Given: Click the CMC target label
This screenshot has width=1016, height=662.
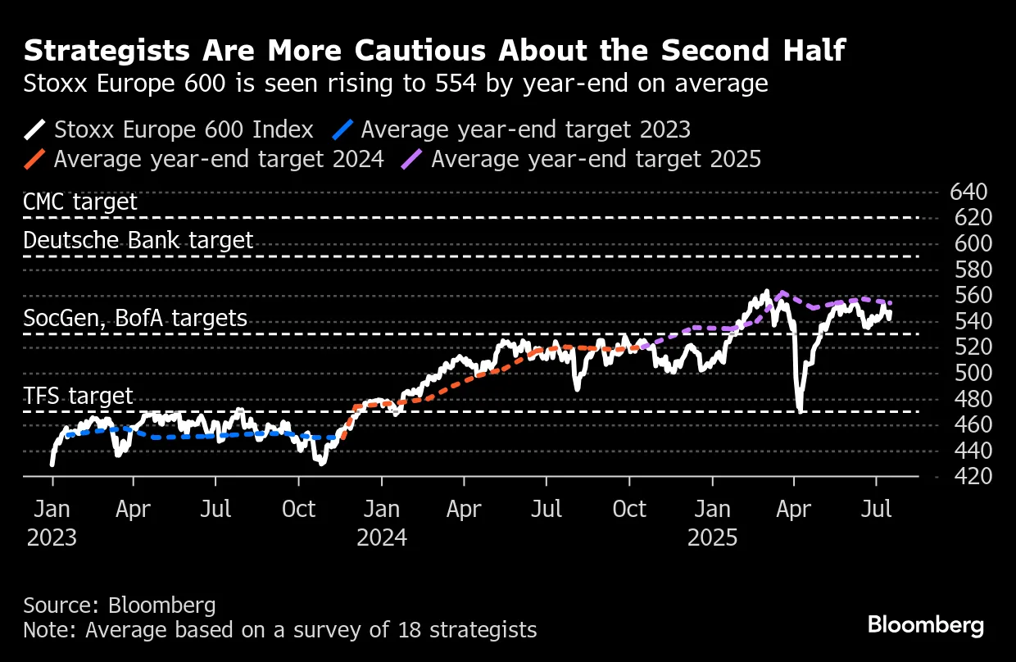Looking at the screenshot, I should pyautogui.click(x=80, y=202).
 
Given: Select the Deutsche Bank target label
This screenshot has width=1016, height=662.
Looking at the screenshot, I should pyautogui.click(x=138, y=240).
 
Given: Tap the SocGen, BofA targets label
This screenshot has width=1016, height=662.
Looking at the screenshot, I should pyautogui.click(x=135, y=318).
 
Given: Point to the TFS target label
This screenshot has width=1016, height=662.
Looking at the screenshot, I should pyautogui.click(x=78, y=397).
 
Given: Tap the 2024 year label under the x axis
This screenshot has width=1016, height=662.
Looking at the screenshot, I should pyautogui.click(x=382, y=537).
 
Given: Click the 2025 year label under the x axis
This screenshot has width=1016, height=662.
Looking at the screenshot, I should pyautogui.click(x=712, y=537).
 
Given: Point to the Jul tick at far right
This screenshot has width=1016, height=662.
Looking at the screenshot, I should pyautogui.click(x=877, y=509).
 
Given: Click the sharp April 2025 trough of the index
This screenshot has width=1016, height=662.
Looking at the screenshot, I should pyautogui.click(x=798, y=410).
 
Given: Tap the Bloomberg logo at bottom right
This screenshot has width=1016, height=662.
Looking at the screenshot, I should pyautogui.click(x=926, y=625).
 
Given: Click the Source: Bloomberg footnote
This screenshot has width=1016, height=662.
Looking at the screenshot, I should pyautogui.click(x=120, y=605).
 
